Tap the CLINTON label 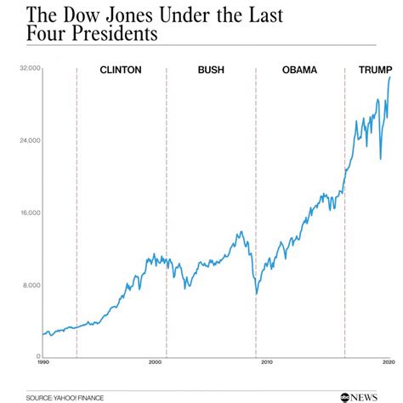click(121, 71)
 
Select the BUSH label click(211, 71)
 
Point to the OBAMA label click(300, 71)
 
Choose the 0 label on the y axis click(37, 357)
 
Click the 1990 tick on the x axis click(43, 364)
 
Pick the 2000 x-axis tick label click(155, 364)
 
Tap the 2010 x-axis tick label click(267, 364)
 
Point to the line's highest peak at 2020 click(390, 77)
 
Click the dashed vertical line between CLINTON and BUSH click(167, 213)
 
